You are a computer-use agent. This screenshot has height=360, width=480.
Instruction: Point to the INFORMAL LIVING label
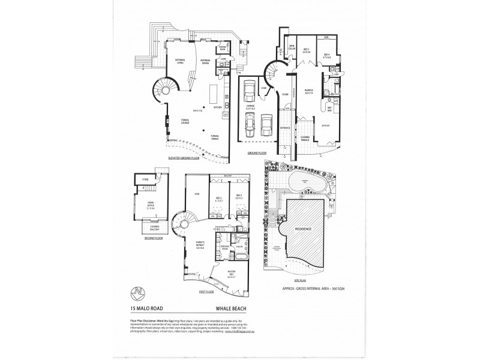(179, 60)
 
